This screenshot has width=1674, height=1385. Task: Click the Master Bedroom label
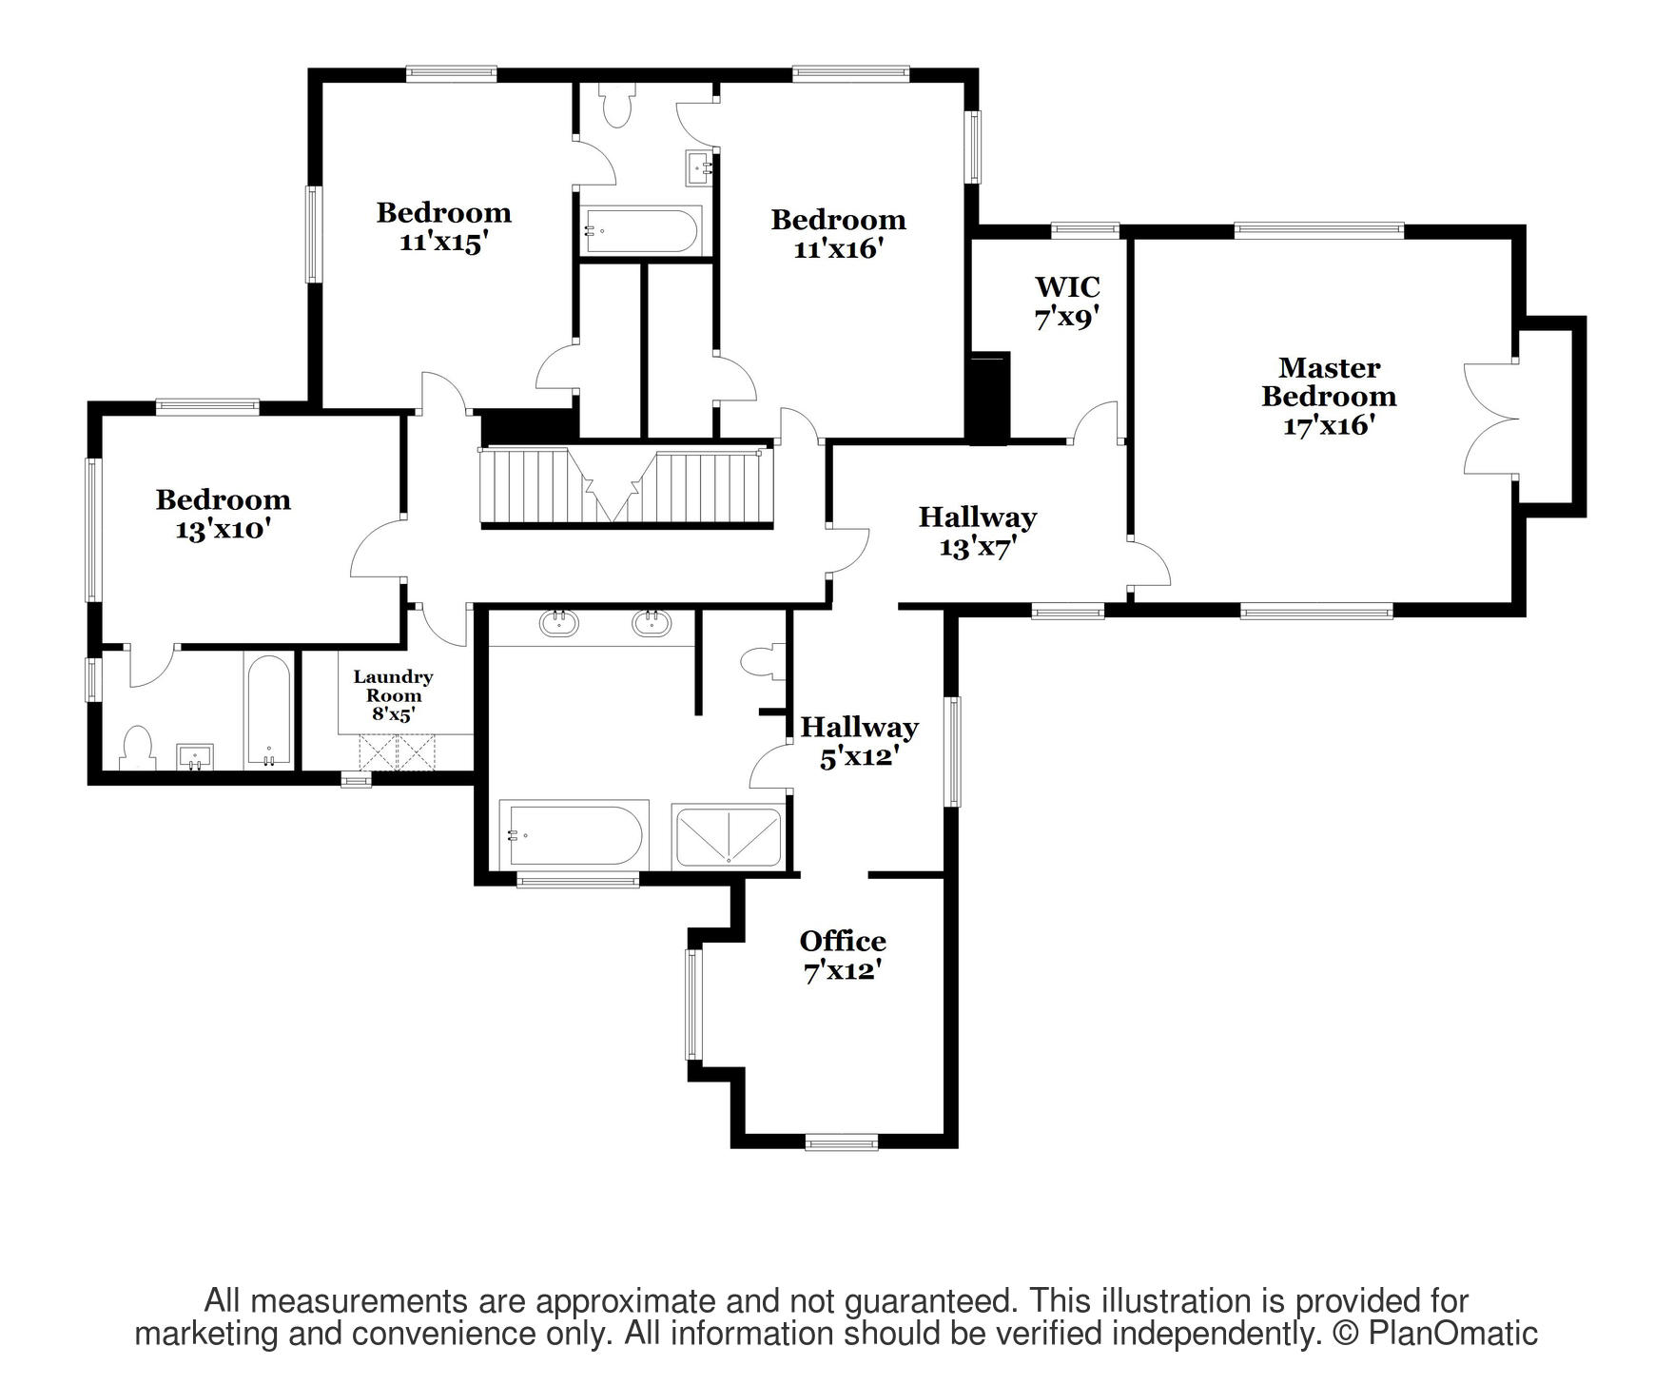(x=1329, y=396)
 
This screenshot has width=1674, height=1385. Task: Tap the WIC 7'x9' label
(x=1067, y=302)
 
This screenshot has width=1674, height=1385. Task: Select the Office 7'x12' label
(x=843, y=956)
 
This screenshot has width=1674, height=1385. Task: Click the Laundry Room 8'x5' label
(x=393, y=695)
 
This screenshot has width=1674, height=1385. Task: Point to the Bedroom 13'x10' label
(x=223, y=514)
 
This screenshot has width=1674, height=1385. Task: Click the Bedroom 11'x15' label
(x=443, y=226)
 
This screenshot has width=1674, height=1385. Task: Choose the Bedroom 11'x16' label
(x=838, y=234)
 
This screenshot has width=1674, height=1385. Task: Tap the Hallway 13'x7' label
(x=977, y=532)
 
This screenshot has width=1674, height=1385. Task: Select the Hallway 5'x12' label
(x=859, y=742)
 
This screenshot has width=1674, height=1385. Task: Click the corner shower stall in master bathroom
(x=728, y=836)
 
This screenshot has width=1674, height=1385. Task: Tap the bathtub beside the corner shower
(x=574, y=835)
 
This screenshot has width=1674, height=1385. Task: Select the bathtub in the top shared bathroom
(x=640, y=230)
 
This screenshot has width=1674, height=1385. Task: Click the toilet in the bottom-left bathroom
(x=138, y=749)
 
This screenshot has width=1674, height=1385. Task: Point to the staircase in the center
(x=627, y=486)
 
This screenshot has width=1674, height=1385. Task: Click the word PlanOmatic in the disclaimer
(x=1452, y=1334)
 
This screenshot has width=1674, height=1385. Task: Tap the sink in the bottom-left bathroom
(x=195, y=757)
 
